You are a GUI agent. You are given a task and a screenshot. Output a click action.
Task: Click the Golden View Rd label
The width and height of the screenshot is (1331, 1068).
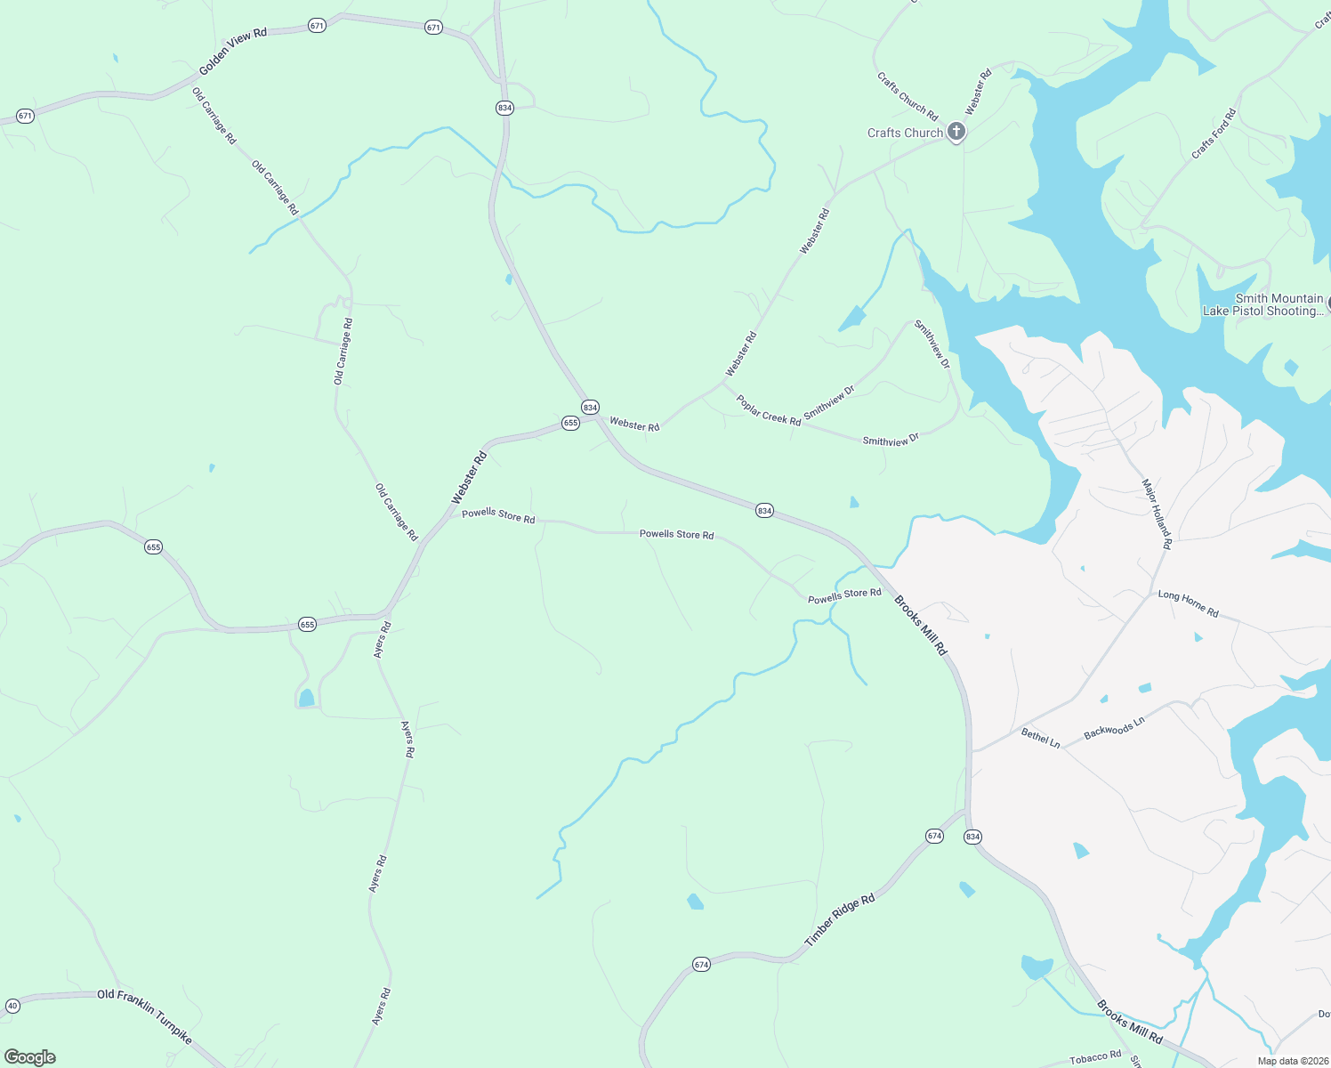[233, 52]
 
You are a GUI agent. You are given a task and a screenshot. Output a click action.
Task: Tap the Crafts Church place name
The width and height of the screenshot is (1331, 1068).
[905, 133]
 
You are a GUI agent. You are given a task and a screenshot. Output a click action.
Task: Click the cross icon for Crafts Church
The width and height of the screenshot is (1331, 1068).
[956, 133]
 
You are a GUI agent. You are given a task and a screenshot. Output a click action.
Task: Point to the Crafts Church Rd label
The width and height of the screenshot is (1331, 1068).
[907, 96]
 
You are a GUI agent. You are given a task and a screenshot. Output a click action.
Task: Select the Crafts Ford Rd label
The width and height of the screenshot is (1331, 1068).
[1214, 133]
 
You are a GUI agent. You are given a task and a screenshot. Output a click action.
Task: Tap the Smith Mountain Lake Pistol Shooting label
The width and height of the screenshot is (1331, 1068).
[1263, 304]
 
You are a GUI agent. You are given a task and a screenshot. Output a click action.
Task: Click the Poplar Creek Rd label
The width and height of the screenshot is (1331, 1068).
[769, 410]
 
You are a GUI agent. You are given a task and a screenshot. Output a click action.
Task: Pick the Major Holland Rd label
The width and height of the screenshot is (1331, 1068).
[1157, 514]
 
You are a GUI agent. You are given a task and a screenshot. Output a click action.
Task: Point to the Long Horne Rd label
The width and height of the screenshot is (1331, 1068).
[1188, 603]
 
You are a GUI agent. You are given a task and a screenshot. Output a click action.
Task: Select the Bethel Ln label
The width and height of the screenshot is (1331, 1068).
[1041, 738]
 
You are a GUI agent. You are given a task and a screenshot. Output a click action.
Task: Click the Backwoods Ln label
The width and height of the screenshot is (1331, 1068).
[1114, 728]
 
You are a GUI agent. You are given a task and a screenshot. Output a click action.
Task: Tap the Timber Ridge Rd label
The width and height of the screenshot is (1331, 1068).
[840, 919]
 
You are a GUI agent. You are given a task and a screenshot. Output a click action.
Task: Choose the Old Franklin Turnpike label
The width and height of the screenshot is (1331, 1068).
[144, 1015]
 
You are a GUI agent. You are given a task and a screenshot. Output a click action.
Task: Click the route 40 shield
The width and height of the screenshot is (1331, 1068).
[12, 1007]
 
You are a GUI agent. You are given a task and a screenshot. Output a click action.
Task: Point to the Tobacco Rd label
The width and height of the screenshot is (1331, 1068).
[1095, 1056]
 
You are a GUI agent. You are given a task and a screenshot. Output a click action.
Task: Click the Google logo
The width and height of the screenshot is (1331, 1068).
[30, 1056]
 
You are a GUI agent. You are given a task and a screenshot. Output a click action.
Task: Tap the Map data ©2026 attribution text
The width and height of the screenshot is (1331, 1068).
[1290, 1061]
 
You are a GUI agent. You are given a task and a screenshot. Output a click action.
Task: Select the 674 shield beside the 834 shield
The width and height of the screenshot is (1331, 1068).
[934, 836]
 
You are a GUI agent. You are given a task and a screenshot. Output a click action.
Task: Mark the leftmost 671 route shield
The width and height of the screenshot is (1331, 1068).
[25, 117]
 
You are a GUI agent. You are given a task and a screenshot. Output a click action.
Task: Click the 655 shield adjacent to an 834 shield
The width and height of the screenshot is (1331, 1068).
[570, 424]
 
